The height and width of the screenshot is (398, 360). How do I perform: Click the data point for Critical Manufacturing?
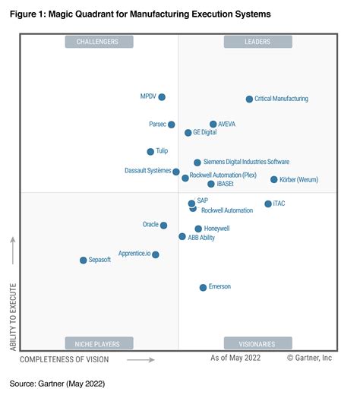pos(249,99)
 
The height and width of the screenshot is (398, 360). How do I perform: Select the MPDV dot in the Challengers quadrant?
pos(162,97)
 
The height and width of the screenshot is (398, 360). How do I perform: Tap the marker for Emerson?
pos(203,287)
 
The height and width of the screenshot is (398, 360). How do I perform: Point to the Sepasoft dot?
pos(84,261)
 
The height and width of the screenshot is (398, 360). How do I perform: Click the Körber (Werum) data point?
pos(274,180)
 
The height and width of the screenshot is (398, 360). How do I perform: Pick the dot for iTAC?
pos(268,204)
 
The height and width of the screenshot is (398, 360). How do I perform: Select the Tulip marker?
pos(150,152)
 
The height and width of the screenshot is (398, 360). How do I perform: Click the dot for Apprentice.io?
pos(156,254)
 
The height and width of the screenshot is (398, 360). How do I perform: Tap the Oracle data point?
pos(164,225)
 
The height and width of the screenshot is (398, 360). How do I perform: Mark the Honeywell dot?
pos(198,229)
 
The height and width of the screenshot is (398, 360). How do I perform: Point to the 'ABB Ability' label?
pos(201,238)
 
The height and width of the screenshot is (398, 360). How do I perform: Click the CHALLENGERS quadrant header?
pos(99,42)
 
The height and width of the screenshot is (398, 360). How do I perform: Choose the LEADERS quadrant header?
pos(257,42)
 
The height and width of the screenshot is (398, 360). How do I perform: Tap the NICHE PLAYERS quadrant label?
pos(99,343)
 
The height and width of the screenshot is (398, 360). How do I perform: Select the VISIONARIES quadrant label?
pos(257,343)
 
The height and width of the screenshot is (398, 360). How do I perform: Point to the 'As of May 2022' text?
pos(236,358)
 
